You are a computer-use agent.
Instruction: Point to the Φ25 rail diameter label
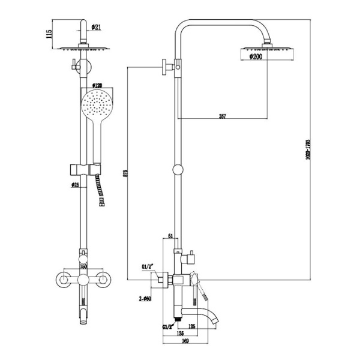pyautogui.click(x=76, y=184)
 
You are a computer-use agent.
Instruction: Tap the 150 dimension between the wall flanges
pyautogui.click(x=84, y=266)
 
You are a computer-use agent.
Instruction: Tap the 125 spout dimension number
pyautogui.click(x=192, y=327)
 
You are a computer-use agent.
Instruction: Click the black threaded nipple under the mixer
pyautogui.click(x=177, y=314)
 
